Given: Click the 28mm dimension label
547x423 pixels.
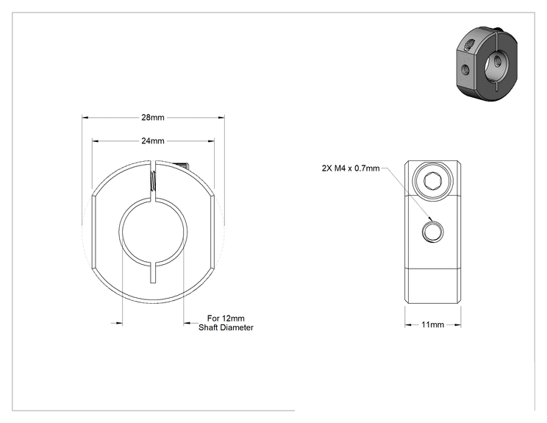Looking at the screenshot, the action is [x=153, y=117].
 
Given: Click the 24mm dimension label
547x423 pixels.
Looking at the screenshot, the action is [x=153, y=141].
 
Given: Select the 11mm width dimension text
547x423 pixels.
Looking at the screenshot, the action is [x=432, y=324].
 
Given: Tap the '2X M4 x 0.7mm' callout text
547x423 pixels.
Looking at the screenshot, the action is [x=351, y=168].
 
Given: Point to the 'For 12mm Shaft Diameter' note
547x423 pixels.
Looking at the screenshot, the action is [x=226, y=323].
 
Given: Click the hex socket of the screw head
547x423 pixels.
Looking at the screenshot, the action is [x=432, y=181].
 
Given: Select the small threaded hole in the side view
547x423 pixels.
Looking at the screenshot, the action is [x=432, y=232].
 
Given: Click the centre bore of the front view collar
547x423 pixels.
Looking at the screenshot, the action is [x=153, y=232].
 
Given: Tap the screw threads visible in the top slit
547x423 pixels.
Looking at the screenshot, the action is [x=153, y=181].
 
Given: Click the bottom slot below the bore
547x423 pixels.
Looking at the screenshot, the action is [x=153, y=272].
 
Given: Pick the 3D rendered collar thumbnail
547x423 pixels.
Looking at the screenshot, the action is [x=487, y=63].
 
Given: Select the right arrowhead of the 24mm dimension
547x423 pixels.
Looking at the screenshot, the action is [x=211, y=141].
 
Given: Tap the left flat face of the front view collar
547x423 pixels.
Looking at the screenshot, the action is [x=93, y=232].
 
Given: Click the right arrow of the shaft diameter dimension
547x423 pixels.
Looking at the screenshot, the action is [x=187, y=323].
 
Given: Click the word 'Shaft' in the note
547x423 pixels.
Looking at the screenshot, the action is [x=207, y=327].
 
